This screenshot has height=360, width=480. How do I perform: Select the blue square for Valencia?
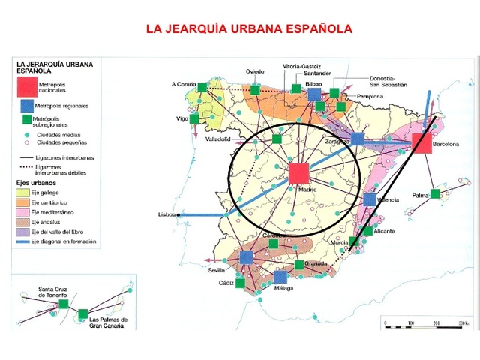click(x=369, y=200)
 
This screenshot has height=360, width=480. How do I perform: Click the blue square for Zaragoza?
click(x=358, y=139)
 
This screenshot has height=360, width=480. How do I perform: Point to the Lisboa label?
click(x=166, y=215)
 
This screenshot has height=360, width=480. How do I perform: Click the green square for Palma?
click(x=435, y=194)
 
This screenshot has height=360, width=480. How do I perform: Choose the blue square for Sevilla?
click(x=247, y=258)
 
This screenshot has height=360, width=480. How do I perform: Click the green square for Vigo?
click(x=195, y=118)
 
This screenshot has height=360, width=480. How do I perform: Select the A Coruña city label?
click(x=183, y=85)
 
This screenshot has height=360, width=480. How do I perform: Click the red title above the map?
click(x=248, y=30)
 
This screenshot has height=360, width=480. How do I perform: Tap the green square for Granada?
click(x=299, y=265)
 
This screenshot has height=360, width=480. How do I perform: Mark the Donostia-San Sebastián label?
click(x=389, y=82)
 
